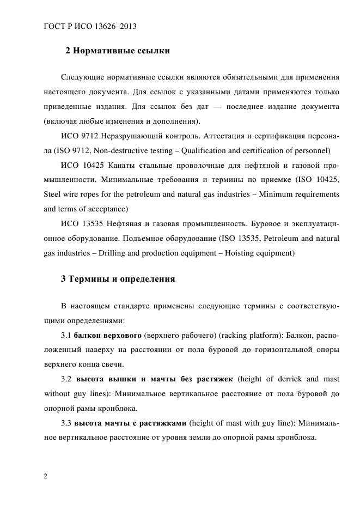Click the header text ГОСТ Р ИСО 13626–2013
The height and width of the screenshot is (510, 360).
(90, 26)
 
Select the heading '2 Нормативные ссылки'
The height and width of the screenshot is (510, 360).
(118, 51)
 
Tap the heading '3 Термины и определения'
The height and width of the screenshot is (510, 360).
(118, 279)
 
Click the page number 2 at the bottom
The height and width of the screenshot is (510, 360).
(46, 476)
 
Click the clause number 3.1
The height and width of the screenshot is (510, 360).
(66, 335)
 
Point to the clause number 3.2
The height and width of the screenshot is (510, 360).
(67, 379)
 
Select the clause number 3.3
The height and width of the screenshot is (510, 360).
(66, 423)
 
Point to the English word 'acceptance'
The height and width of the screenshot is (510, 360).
(107, 208)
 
